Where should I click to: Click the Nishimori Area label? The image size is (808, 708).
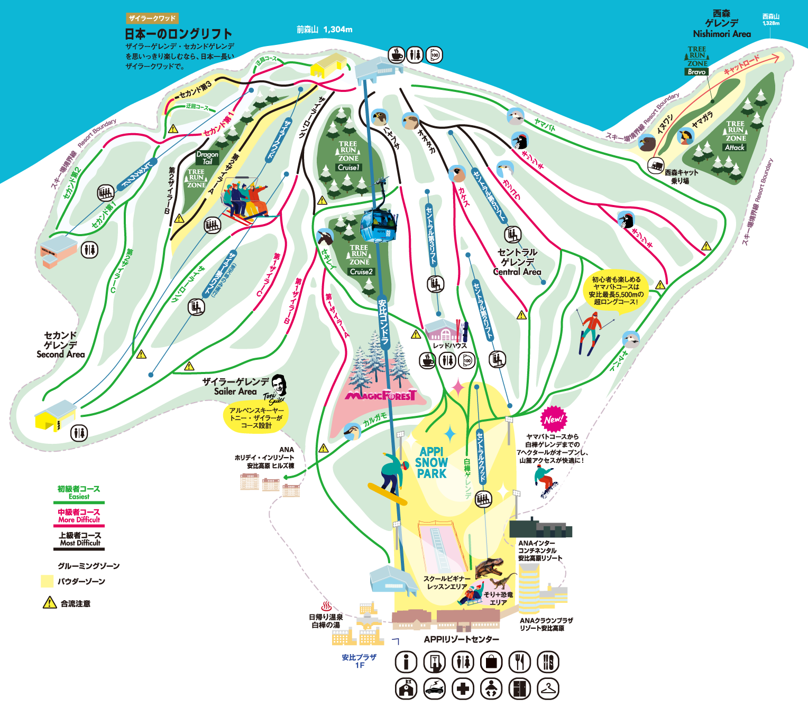[722, 34]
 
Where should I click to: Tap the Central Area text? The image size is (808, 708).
[517, 272]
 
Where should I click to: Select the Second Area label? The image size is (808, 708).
[61, 354]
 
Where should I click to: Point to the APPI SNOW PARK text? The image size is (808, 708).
[431, 462]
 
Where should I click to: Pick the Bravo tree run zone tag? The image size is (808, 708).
[696, 72]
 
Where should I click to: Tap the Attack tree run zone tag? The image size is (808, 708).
[734, 147]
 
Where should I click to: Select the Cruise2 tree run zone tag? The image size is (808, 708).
[361, 272]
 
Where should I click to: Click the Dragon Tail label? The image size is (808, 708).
[207, 158]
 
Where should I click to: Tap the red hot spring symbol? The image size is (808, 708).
[326, 607]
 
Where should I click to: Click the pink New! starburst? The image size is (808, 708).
[553, 420]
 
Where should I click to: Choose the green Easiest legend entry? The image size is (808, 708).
[79, 492]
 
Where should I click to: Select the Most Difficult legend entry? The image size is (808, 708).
[79, 539]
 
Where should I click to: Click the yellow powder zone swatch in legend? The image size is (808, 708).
[47, 581]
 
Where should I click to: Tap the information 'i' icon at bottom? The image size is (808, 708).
[406, 662]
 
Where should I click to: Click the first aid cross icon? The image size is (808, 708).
[463, 688]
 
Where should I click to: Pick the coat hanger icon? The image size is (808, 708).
[548, 688]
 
